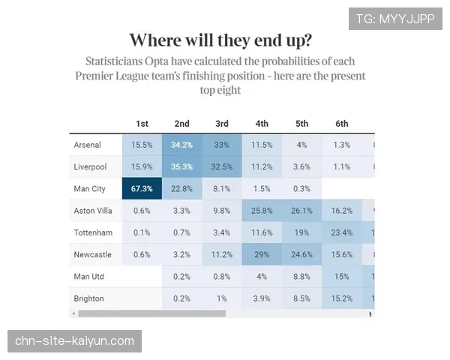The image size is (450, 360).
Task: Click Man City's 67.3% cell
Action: (x=142, y=188)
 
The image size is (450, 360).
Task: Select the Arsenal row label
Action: (x=88, y=145)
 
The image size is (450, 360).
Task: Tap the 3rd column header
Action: (x=222, y=124)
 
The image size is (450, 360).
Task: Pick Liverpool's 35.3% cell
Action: (x=181, y=166)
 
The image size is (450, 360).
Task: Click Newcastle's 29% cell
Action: (x=262, y=254)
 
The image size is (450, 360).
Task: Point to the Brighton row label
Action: (x=88, y=298)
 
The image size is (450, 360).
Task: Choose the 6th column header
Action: (x=342, y=124)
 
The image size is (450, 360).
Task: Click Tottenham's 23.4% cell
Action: (x=342, y=232)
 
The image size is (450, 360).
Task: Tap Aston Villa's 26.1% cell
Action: (x=301, y=211)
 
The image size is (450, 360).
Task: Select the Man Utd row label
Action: (x=89, y=277)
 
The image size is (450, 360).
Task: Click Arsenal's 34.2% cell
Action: (x=181, y=145)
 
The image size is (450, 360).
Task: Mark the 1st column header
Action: (x=142, y=124)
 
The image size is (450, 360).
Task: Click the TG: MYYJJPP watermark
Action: (x=395, y=19)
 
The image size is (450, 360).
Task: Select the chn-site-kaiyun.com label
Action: (x=75, y=341)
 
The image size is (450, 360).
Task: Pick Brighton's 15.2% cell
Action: (x=342, y=298)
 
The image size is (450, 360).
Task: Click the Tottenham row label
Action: (x=93, y=232)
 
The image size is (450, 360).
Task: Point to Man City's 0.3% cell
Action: (x=301, y=188)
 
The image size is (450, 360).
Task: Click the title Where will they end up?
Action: (x=221, y=40)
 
